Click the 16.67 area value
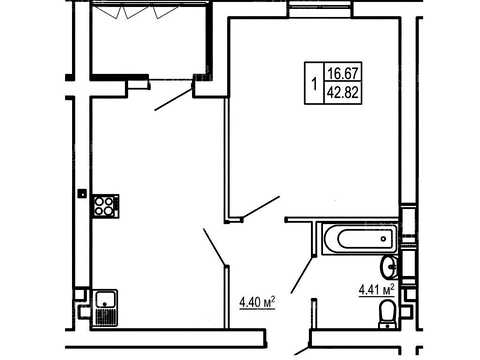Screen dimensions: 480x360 343,73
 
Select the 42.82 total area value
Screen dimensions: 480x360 343,92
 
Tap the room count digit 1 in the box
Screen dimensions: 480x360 314,84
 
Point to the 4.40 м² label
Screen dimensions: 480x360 257,302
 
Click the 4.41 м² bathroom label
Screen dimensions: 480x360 377,289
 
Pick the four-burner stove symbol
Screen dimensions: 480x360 105,206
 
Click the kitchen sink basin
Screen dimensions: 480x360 105,299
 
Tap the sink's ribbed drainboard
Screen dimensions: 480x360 106,317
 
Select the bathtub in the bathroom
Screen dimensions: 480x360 360,239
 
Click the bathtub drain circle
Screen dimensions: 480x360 383,239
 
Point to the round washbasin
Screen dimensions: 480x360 389,267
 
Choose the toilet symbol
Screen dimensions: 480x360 387,314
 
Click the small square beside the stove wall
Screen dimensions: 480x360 82,193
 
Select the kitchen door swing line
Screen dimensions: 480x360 215,247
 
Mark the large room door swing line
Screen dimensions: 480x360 261,208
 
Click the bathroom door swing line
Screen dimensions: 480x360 302,275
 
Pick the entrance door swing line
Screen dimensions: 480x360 302,351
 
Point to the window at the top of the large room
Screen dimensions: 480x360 320,9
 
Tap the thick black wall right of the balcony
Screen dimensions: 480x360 209,40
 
